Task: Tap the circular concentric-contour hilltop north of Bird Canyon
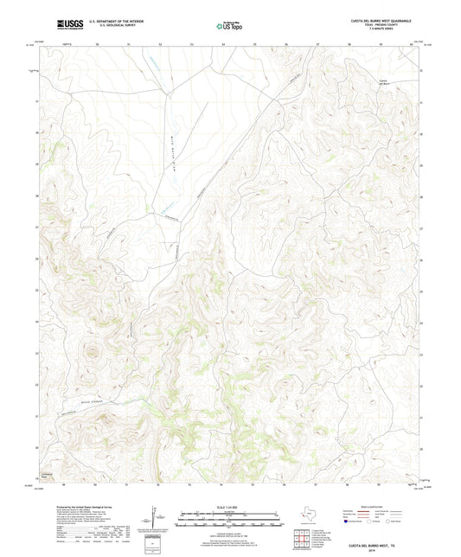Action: (89, 351)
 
